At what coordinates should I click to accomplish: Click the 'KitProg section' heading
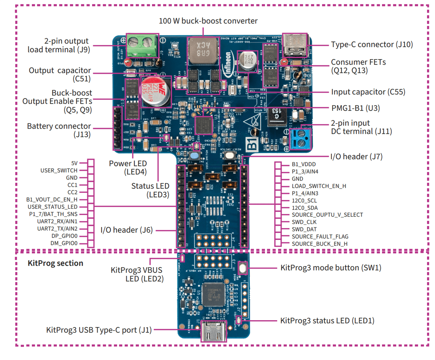(55, 263)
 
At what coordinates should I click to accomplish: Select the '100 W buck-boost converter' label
(208, 21)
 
